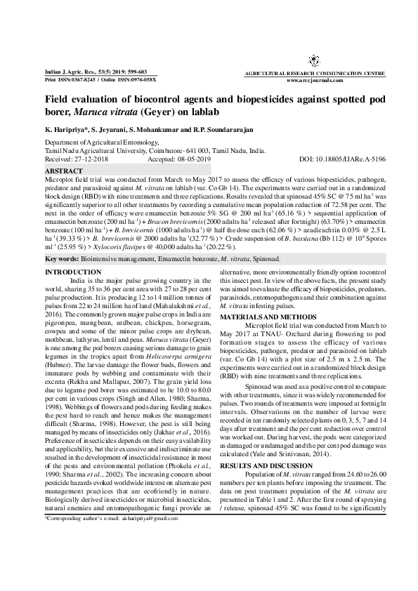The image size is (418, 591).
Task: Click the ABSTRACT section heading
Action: click(x=64, y=171)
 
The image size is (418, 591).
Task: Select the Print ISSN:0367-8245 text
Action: click(x=71, y=80)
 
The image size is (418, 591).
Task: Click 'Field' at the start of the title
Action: click(x=57, y=100)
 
